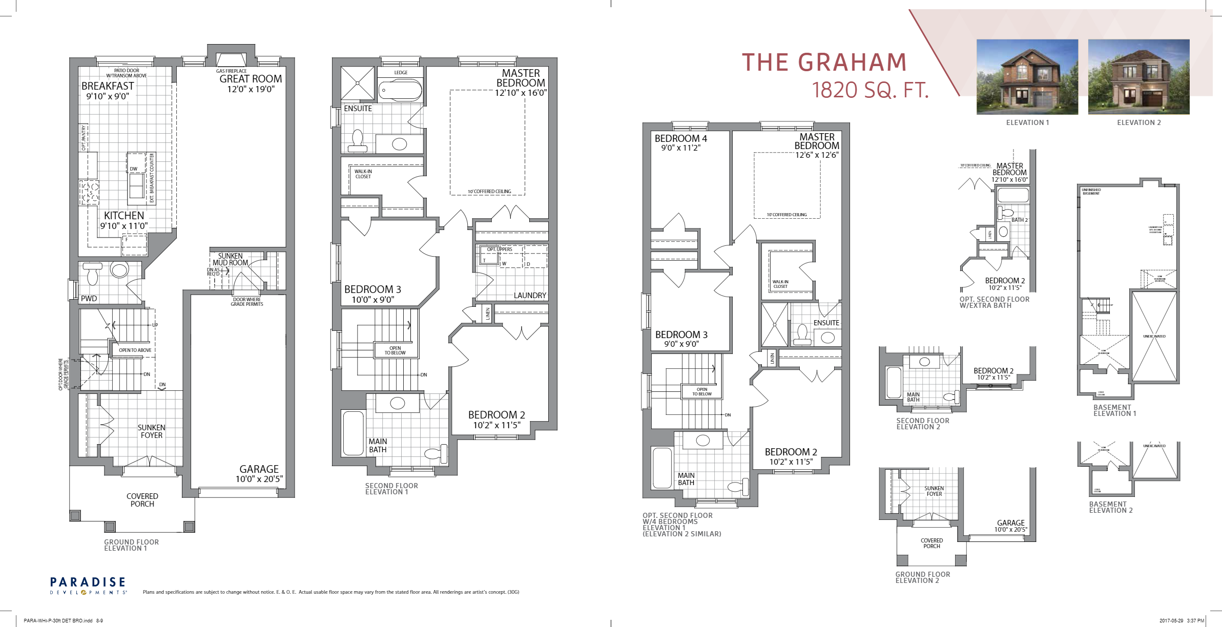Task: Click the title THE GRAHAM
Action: [x=824, y=62]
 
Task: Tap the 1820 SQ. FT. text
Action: [x=870, y=90]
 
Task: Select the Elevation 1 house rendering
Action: [x=1027, y=77]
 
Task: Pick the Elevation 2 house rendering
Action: [x=1138, y=77]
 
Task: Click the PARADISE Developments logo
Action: [x=88, y=586]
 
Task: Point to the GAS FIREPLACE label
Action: [x=231, y=71]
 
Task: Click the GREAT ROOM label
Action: [x=251, y=79]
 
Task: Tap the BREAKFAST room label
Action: [x=108, y=86]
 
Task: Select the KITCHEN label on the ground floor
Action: [x=124, y=216]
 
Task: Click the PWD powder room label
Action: [x=89, y=299]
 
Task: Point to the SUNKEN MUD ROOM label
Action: [x=231, y=259]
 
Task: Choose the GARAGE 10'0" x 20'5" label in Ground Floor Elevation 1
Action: [x=259, y=474]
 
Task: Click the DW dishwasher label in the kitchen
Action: [x=133, y=169]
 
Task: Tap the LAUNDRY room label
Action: [x=530, y=296]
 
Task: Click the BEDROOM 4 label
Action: [x=680, y=138]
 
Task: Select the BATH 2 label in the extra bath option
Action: [x=1019, y=220]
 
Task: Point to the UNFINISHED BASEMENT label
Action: [x=1091, y=192]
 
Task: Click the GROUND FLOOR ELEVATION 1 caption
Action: [x=131, y=545]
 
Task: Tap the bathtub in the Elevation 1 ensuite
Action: [x=400, y=91]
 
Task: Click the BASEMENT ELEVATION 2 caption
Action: [x=1111, y=507]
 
